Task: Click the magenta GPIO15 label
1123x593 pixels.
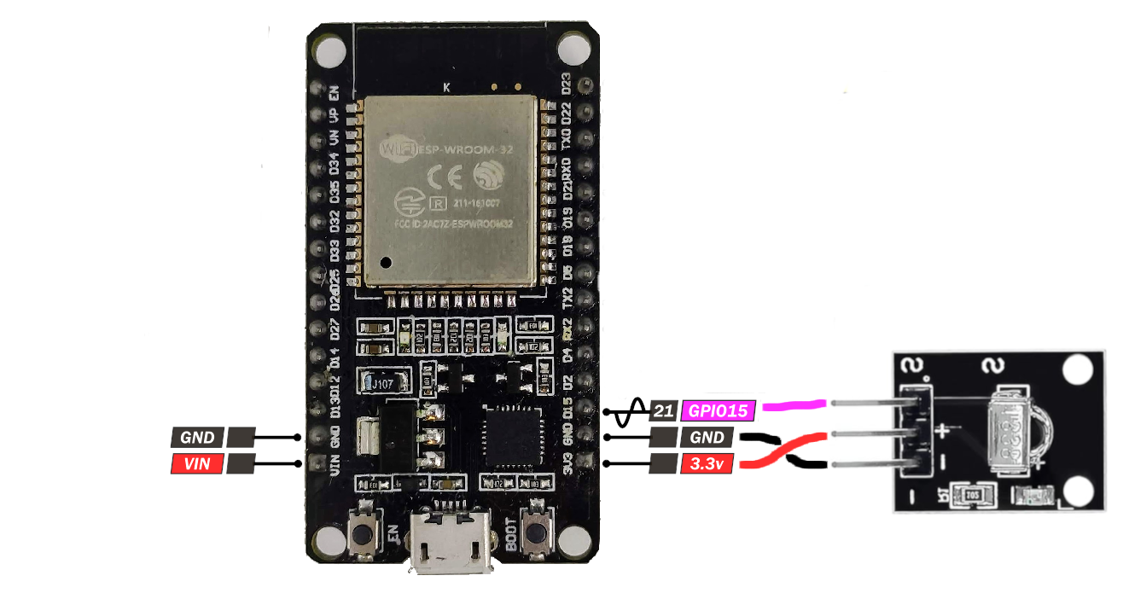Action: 718,411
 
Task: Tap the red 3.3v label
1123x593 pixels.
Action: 707,465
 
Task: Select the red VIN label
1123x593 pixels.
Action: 197,465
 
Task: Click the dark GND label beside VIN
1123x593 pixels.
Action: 197,439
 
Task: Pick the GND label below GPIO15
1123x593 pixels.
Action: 707,439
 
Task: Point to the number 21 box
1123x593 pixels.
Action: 663,411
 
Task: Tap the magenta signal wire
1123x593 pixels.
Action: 794,405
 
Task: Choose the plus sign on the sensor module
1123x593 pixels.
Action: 940,430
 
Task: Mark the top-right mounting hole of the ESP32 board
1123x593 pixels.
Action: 573,48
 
